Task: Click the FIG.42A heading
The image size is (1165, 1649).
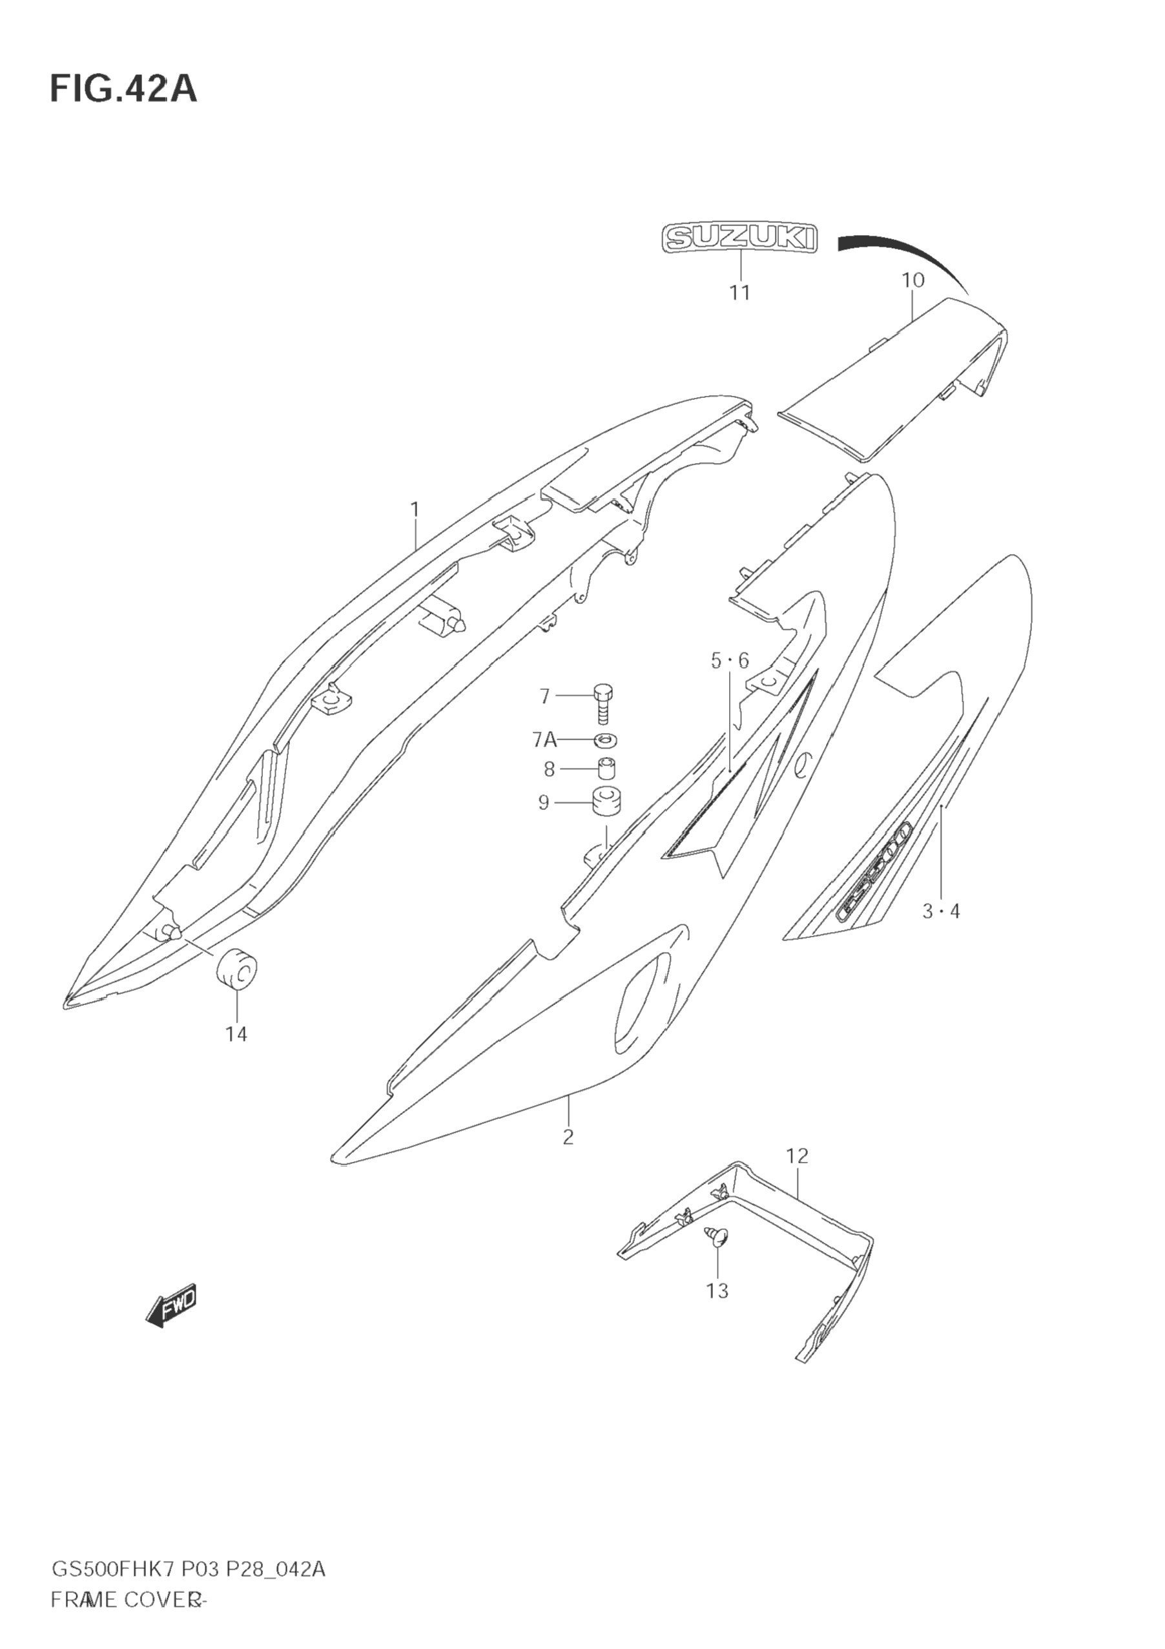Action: (x=123, y=90)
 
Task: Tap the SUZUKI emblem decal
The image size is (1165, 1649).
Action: (x=740, y=238)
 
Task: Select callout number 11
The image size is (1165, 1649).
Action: (x=740, y=293)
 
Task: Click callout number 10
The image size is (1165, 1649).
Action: (x=913, y=280)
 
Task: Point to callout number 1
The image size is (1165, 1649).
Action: (x=415, y=510)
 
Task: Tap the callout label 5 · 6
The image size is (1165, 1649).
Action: (x=730, y=661)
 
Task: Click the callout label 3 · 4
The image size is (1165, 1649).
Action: (x=941, y=912)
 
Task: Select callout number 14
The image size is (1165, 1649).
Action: (x=236, y=1034)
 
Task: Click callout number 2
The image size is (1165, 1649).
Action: (x=568, y=1137)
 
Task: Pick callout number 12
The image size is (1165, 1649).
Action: (x=798, y=1156)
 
